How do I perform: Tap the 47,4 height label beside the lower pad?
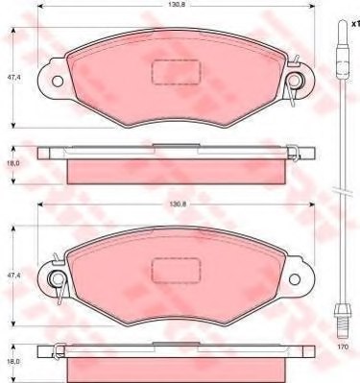pos(12,275)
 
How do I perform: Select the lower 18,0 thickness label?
pos(12,361)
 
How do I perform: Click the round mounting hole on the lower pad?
pos(59,279)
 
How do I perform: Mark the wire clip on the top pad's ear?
pos(296,83)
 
